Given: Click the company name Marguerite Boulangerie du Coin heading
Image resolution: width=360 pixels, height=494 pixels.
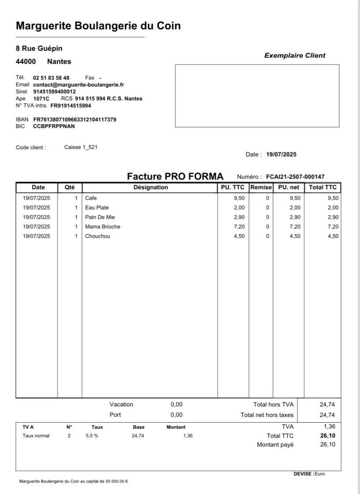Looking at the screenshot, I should click(98, 26).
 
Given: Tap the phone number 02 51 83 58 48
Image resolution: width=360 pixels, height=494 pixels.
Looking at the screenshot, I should click(51, 78).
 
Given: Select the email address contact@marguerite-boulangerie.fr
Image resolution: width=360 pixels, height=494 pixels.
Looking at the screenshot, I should click(78, 85).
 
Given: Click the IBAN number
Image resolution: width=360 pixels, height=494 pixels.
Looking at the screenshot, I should click(74, 119).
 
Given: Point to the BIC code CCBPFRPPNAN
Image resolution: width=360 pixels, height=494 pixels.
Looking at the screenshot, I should click(54, 126).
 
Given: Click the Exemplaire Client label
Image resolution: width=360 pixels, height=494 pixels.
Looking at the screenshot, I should click(294, 55).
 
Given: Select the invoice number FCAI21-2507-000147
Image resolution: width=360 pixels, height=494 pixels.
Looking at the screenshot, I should click(295, 177).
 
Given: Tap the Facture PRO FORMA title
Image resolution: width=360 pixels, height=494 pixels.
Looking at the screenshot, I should click(175, 177).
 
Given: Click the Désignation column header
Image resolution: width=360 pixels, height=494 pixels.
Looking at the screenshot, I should click(151, 188).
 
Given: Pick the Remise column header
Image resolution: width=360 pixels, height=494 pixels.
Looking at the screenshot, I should click(261, 188).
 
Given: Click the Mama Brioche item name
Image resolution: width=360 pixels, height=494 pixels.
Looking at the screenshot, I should click(103, 227).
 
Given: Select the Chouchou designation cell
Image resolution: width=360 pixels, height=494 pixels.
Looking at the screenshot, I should click(97, 236).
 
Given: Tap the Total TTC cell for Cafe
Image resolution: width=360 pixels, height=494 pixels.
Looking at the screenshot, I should click(333, 198).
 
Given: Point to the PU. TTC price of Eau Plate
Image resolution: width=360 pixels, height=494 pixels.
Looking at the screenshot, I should click(239, 208).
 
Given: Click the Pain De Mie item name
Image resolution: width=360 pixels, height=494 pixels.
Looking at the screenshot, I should click(100, 218).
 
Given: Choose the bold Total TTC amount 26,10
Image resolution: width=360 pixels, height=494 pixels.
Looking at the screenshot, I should click(328, 436).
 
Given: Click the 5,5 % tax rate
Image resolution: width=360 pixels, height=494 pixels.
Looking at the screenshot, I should click(92, 436).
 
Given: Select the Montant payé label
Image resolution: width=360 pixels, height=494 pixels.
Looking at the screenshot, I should click(275, 445).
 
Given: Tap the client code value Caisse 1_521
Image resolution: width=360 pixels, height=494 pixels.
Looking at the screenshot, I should click(81, 147).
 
